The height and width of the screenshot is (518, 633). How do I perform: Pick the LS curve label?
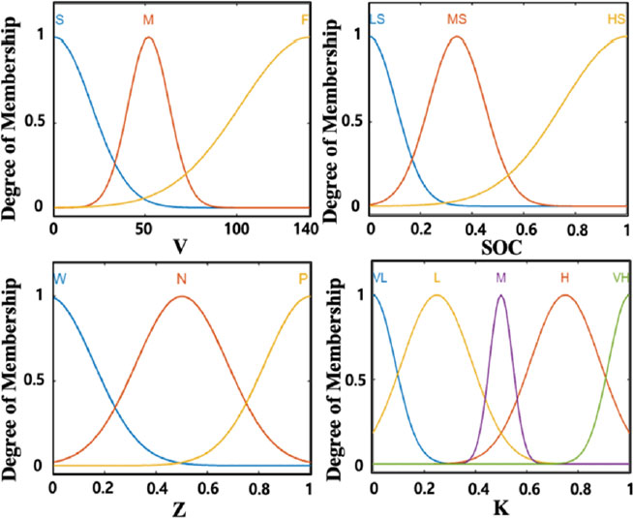pos(379,19)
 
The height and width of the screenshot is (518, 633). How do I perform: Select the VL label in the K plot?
pos(380,279)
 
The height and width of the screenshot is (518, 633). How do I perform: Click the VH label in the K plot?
pos(620,279)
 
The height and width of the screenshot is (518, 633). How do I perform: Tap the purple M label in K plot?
pos(500,279)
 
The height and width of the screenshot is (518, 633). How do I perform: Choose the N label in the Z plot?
pos(181,279)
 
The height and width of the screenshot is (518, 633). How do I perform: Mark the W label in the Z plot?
pos(60,279)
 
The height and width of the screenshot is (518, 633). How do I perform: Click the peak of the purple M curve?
pos(500,295)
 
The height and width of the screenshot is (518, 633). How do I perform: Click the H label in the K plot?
pos(564,279)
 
